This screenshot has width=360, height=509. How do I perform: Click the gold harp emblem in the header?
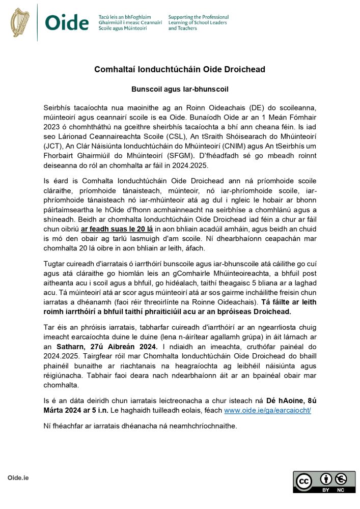[20, 22]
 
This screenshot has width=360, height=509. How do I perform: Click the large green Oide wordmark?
[67, 23]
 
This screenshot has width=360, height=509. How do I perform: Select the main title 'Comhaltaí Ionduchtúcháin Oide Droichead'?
[180, 69]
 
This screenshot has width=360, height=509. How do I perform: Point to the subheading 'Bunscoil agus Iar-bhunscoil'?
[180, 89]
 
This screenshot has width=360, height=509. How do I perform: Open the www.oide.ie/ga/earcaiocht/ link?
[267, 410]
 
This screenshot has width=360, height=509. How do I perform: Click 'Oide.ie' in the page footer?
[18, 477]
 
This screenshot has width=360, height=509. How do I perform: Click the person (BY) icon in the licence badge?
[326, 478]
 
